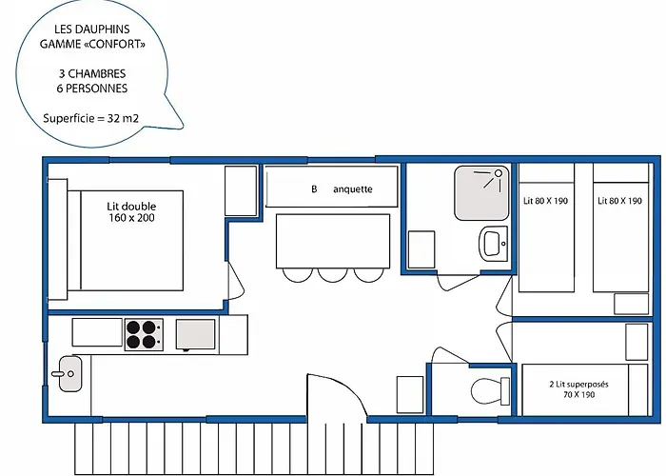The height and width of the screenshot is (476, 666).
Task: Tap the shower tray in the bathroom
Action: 481,193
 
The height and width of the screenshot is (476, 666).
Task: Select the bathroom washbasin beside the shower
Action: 494,243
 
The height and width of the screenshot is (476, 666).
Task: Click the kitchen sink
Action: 69,373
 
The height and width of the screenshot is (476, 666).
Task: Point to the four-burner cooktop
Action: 144,334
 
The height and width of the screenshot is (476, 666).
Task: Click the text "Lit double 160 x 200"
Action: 131,212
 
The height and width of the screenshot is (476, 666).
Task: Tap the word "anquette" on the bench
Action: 353,189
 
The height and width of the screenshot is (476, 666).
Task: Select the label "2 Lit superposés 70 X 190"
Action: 578,389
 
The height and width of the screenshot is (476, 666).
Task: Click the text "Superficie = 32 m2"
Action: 91,118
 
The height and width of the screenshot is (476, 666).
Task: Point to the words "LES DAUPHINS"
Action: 92,29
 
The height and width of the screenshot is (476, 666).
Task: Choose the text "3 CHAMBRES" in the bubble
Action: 92,73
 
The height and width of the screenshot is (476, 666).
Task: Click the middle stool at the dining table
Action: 333,275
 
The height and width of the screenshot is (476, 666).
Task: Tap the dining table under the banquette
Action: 333,241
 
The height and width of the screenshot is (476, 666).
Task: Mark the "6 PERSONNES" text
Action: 92,89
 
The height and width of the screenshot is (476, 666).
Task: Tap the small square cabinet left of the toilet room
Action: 410,394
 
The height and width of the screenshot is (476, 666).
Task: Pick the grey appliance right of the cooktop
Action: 195,335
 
